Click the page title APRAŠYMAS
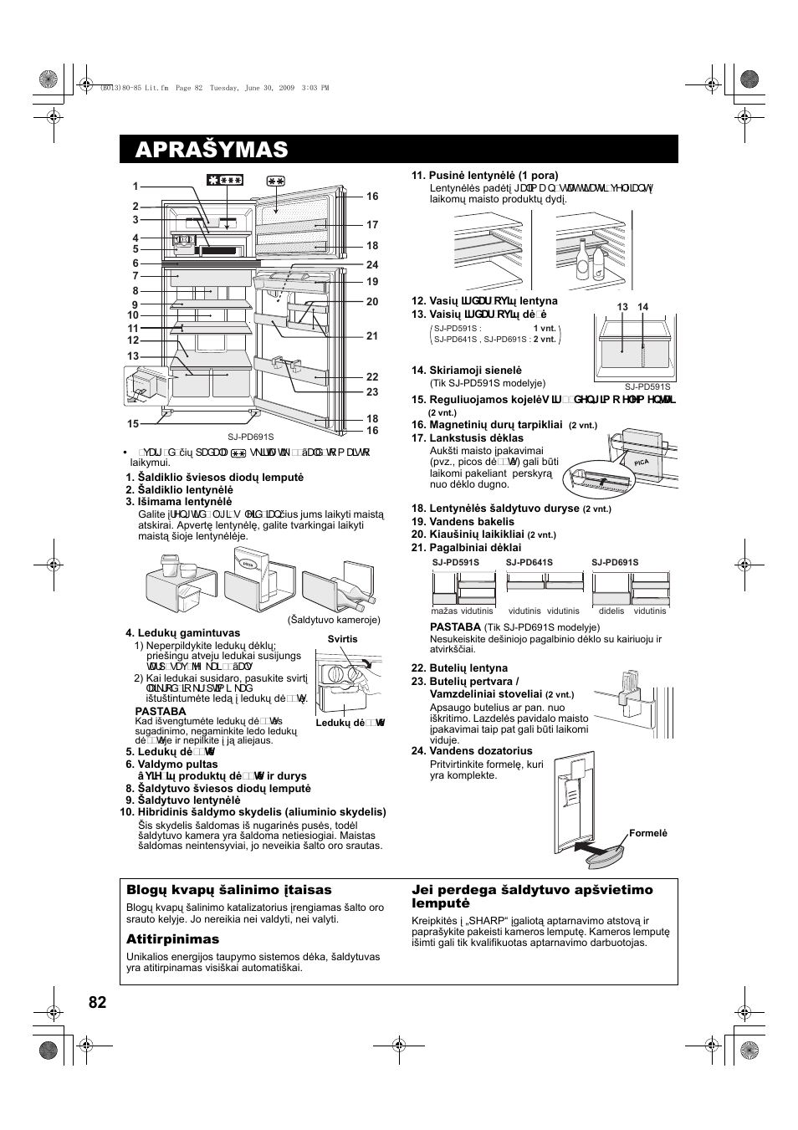[x=211, y=149]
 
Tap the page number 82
[x=97, y=1003]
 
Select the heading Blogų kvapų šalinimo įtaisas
[x=228, y=890]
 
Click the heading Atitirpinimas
[x=172, y=939]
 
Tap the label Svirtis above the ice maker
[x=342, y=639]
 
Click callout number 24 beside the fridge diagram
[x=372, y=265]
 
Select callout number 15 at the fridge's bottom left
[x=133, y=424]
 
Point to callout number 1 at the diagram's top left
[x=135, y=187]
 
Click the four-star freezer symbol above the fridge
[x=225, y=180]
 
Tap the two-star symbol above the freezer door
[x=277, y=180]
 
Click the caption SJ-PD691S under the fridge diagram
[x=251, y=437]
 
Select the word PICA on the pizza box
[x=618, y=461]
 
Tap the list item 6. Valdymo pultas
[x=171, y=764]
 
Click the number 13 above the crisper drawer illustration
[x=622, y=308]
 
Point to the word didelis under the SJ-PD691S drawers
[x=611, y=611]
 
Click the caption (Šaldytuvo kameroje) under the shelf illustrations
[x=335, y=620]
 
